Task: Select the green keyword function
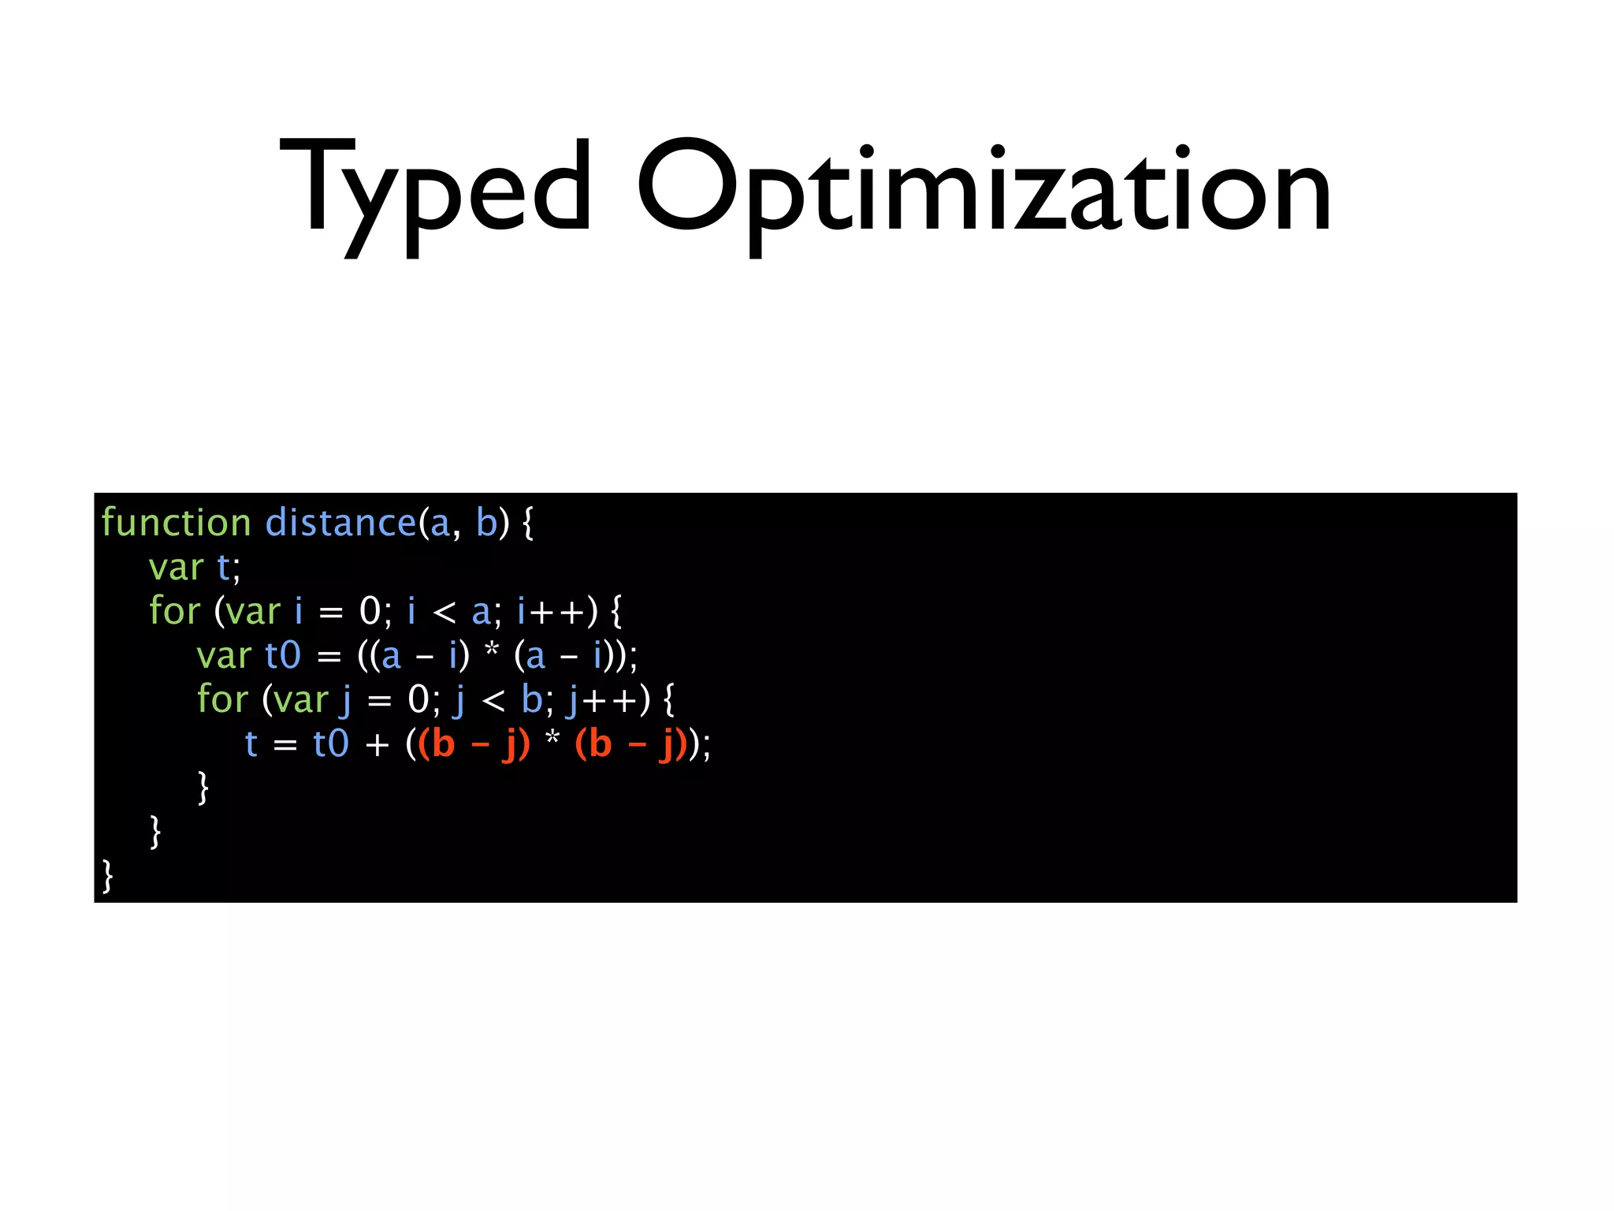tap(176, 523)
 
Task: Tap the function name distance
tap(340, 523)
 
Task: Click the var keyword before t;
tap(176, 567)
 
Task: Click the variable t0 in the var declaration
tap(283, 655)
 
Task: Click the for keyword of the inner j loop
tap(222, 699)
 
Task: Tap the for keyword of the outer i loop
tap(174, 611)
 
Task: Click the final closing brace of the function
tap(108, 876)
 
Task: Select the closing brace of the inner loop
tap(203, 788)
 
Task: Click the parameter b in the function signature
tap(487, 523)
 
